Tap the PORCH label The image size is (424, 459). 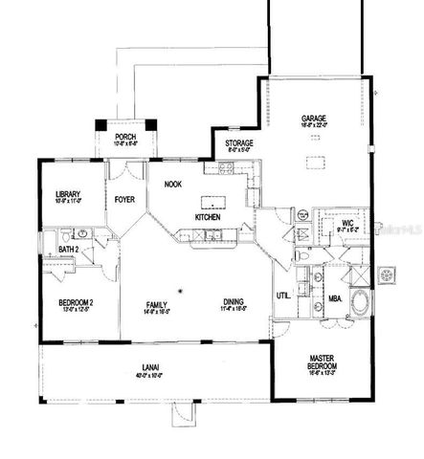pos(125,137)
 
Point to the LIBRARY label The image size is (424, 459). pos(68,194)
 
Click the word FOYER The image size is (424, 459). pos(124,200)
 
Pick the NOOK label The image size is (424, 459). pos(173,184)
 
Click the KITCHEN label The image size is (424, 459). pos(209,217)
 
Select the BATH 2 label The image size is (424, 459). pos(68,250)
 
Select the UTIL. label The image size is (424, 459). pos(283,295)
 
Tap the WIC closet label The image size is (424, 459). pos(348,224)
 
